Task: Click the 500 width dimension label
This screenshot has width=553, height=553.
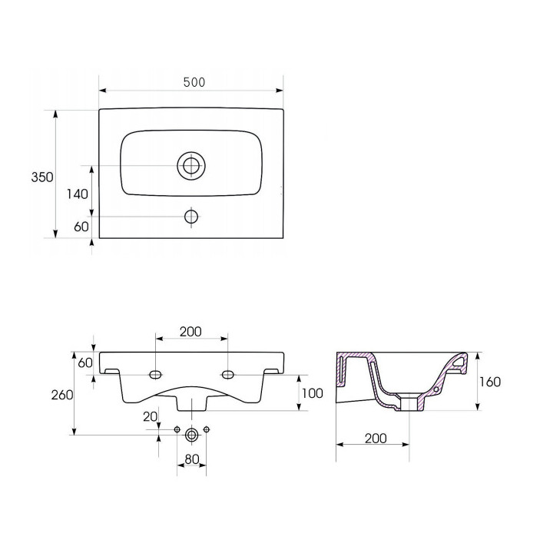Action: [x=194, y=82]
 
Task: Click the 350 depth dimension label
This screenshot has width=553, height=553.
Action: [x=42, y=177]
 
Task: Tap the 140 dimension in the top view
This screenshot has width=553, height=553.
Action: [x=78, y=194]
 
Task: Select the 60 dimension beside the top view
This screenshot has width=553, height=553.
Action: [x=81, y=227]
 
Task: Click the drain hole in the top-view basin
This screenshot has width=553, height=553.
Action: [x=191, y=166]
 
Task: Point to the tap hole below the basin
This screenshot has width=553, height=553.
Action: [x=191, y=216]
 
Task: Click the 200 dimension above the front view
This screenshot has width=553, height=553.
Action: [x=190, y=332]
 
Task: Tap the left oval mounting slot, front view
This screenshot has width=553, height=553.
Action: [x=155, y=374]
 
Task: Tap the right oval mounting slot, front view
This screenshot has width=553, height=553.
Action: [x=228, y=374]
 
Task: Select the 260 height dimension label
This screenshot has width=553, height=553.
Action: [x=62, y=395]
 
